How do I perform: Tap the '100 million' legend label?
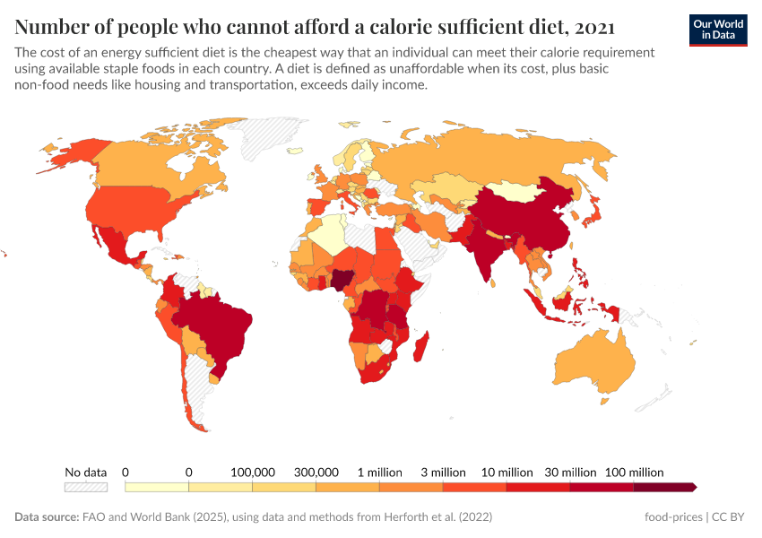pyautogui.click(x=634, y=472)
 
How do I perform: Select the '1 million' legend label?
pyautogui.click(x=379, y=472)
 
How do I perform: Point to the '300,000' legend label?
pyautogui.click(x=316, y=472)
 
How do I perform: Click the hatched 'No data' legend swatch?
pyautogui.click(x=85, y=487)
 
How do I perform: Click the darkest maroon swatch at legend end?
pyautogui.click(x=663, y=487)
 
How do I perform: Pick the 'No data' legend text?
pyautogui.click(x=85, y=472)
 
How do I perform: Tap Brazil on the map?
pyautogui.click(x=215, y=327)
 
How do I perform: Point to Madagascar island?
pyautogui.click(x=423, y=350)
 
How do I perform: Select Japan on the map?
pyautogui.click(x=593, y=213)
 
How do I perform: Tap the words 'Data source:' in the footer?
pyautogui.click(x=46, y=517)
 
